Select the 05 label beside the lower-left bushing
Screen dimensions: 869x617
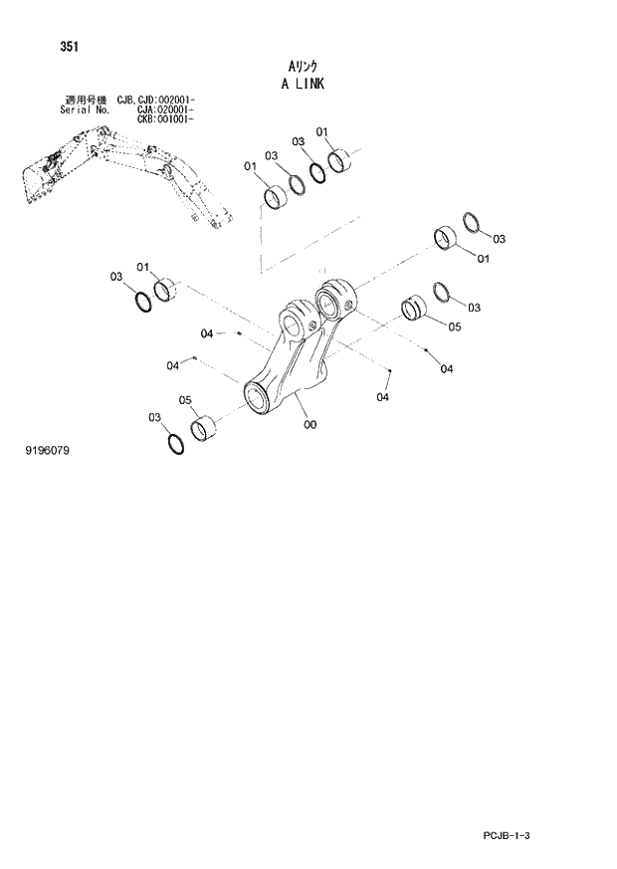tap(184, 400)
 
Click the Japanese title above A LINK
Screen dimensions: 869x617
tap(303, 66)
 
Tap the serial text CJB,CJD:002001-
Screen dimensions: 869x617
tap(156, 100)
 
